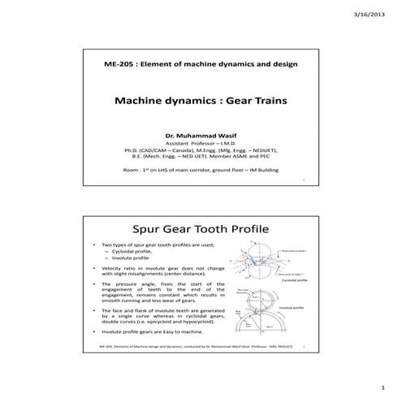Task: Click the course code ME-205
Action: click(x=119, y=64)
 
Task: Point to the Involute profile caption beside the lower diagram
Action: click(x=291, y=309)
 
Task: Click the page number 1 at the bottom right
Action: click(x=383, y=388)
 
